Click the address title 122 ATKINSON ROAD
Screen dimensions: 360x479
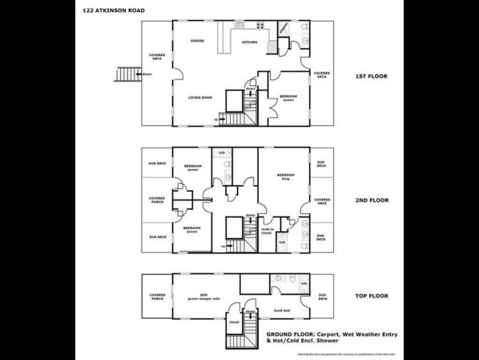(114, 10)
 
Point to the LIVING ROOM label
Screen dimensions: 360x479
(199, 98)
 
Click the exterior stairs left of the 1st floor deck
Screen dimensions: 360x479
(127, 74)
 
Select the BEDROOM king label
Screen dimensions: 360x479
(285, 176)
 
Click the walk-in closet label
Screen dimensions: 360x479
(267, 231)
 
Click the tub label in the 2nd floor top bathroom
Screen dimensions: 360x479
(222, 152)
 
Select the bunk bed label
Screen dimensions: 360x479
(281, 308)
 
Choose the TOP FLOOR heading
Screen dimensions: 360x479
(371, 297)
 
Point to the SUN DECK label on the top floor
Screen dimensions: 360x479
(321, 297)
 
